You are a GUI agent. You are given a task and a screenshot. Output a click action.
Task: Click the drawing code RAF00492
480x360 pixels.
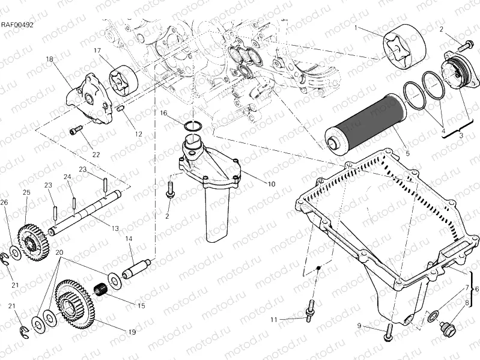17,25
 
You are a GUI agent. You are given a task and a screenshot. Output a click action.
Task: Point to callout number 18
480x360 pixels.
49,59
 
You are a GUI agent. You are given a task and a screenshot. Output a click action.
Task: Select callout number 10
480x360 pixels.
271,184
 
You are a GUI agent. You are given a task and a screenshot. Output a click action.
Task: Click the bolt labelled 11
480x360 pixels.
311,310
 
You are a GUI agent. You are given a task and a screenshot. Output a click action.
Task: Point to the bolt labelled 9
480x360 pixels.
387,330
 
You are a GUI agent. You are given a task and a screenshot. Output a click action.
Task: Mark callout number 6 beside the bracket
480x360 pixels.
477,290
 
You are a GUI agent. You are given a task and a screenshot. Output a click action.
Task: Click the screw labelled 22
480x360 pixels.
75,129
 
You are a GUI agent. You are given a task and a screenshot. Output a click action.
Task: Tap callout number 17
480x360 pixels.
97,51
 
